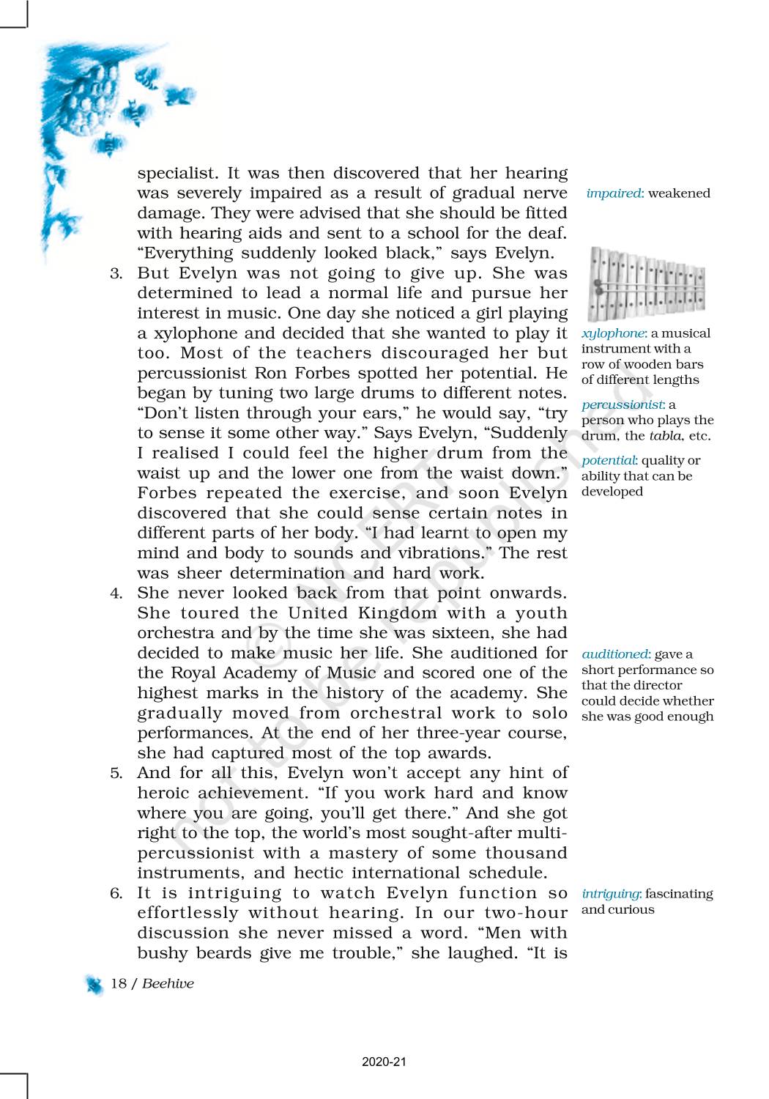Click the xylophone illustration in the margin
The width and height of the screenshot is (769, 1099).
click(647, 285)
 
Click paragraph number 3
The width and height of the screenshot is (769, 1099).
click(116, 274)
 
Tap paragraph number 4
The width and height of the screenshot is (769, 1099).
click(116, 593)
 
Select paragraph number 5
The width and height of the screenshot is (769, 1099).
click(116, 773)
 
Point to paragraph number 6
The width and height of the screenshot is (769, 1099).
click(116, 894)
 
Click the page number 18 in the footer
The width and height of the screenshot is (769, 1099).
click(118, 983)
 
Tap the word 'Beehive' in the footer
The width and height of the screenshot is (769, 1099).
click(168, 983)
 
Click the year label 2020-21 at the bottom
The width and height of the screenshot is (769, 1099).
click(384, 1062)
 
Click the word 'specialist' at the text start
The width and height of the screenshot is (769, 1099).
click(177, 174)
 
